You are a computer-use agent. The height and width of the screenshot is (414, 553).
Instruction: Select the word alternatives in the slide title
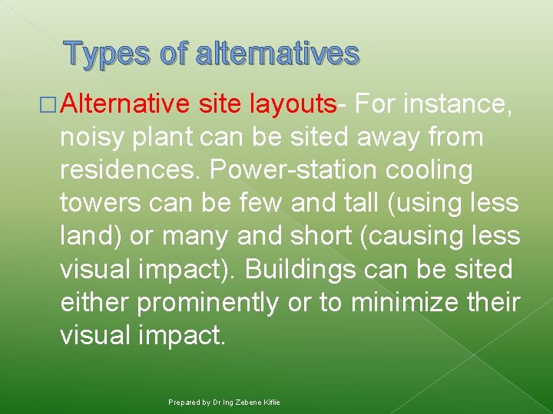point(277,54)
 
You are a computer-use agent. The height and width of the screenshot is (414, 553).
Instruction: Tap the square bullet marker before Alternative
point(52,104)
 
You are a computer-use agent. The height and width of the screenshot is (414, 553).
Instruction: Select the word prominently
point(207,302)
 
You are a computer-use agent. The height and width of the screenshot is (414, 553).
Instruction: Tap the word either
point(94,302)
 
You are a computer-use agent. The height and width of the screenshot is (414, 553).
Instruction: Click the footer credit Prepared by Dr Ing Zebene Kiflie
point(224,402)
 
